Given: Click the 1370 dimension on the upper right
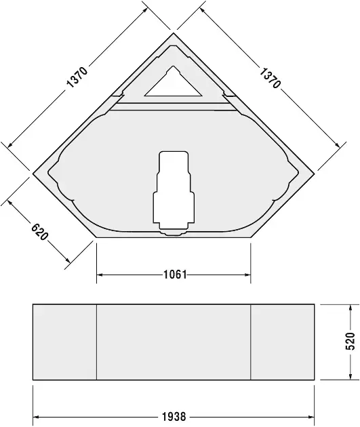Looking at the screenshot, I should click(x=270, y=79).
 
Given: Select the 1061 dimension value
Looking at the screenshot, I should click(x=175, y=275).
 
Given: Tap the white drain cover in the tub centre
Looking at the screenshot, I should click(x=174, y=190).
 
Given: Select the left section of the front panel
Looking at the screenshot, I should click(x=65, y=342).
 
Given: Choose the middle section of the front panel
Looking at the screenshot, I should click(x=174, y=342).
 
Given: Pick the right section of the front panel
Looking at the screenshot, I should click(x=283, y=342).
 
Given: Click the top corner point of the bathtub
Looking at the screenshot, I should click(x=174, y=32).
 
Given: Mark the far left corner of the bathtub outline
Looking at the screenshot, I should click(x=33, y=173).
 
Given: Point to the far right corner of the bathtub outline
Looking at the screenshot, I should click(x=316, y=173).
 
